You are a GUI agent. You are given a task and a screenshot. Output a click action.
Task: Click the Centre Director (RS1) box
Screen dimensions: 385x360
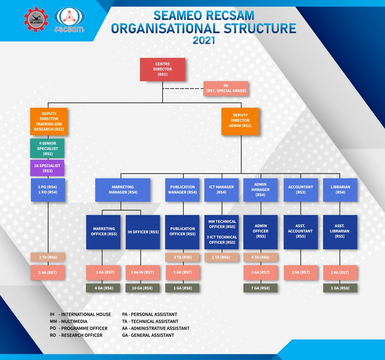click(x=163, y=69)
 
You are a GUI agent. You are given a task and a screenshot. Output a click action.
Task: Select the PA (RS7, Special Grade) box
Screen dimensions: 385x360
click(x=226, y=88)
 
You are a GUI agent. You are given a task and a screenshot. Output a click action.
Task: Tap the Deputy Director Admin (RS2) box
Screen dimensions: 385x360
click(x=240, y=121)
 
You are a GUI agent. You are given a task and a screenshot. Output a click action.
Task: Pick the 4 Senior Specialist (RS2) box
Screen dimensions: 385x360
click(x=47, y=148)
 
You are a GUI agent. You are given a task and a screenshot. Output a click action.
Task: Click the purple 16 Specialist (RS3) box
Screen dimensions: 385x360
click(x=47, y=168)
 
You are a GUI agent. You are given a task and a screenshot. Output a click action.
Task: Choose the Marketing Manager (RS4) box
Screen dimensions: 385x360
click(x=123, y=190)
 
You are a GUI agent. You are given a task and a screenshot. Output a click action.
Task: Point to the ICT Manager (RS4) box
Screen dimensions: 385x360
click(x=222, y=190)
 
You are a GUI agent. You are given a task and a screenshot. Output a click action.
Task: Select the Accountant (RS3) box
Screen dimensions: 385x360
click(x=301, y=190)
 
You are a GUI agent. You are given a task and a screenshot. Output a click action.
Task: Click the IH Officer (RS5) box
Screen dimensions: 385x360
click(x=143, y=232)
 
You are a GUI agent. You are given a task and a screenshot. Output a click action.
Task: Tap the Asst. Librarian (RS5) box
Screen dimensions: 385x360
click(x=340, y=232)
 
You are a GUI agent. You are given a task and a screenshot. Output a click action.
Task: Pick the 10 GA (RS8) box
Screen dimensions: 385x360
click(x=142, y=288)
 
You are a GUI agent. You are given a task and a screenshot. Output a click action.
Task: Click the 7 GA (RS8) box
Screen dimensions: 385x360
click(x=260, y=288)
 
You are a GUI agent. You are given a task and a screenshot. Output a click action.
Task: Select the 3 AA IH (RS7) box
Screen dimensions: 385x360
click(x=142, y=272)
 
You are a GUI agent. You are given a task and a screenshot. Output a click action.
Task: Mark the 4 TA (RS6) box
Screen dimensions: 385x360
click(x=260, y=257)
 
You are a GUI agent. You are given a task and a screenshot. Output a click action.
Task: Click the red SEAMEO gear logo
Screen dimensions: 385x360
click(x=36, y=19)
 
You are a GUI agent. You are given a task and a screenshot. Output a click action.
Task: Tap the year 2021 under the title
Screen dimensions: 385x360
click(x=204, y=40)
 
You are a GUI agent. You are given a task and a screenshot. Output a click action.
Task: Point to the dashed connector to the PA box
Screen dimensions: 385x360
click(x=183, y=89)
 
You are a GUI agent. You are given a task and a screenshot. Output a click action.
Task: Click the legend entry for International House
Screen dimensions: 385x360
click(x=80, y=314)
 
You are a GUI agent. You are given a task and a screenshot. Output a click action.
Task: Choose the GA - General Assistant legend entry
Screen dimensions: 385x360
click(x=148, y=335)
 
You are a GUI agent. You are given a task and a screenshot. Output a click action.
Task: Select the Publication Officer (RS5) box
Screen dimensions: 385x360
click(x=182, y=232)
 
